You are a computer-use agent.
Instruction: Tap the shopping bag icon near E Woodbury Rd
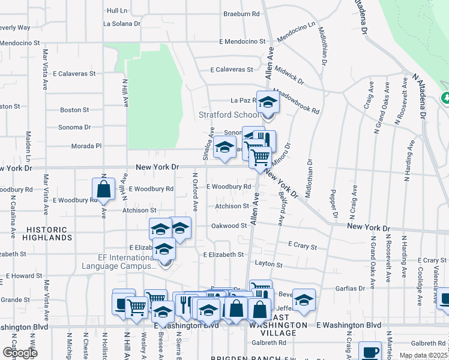coord(103,188)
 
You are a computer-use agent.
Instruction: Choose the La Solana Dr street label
coord(121,24)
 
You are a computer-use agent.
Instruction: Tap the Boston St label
coord(74,110)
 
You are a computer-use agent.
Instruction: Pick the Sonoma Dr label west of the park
coord(74,127)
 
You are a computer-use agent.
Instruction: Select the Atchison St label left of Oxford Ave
coord(140,211)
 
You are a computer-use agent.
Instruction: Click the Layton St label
coord(268,264)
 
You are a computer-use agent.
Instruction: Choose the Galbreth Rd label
coord(269,343)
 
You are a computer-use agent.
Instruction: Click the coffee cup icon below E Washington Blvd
coord(370,352)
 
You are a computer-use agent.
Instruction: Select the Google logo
coord(20,353)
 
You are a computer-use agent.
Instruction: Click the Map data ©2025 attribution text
coord(423,355)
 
